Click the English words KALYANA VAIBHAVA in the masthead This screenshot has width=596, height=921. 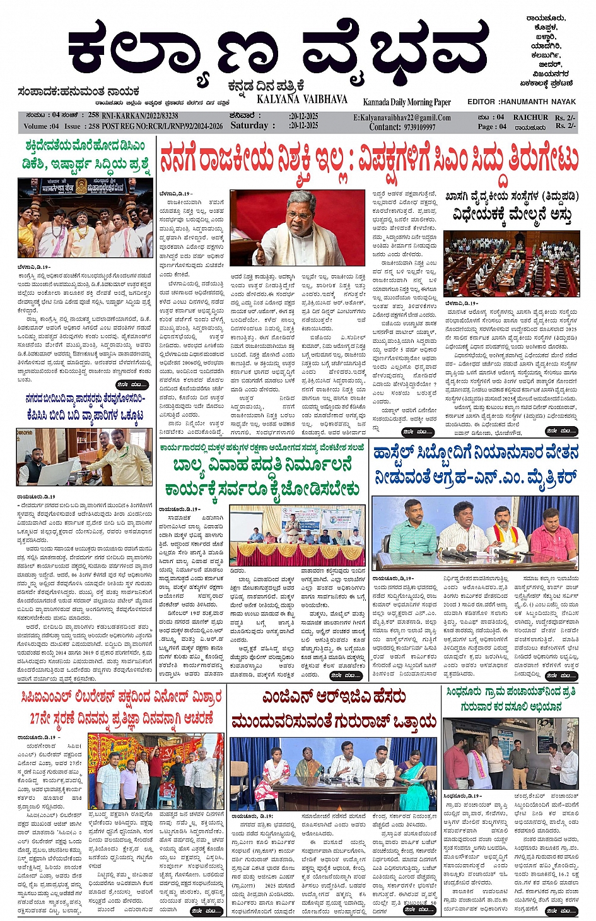301,100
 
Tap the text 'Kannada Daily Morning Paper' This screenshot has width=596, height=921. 407,102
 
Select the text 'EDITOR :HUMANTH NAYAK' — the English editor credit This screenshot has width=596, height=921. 521,102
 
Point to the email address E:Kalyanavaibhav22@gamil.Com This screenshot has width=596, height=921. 402,117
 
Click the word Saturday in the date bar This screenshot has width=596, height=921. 249,126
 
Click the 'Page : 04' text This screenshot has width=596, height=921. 492,126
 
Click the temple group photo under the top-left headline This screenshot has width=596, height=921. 85,218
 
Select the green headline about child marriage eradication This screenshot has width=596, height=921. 262,477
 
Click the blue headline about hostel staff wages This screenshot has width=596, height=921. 476,465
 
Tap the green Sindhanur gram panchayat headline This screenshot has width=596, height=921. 511,699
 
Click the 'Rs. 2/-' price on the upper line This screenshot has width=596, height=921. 565,117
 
